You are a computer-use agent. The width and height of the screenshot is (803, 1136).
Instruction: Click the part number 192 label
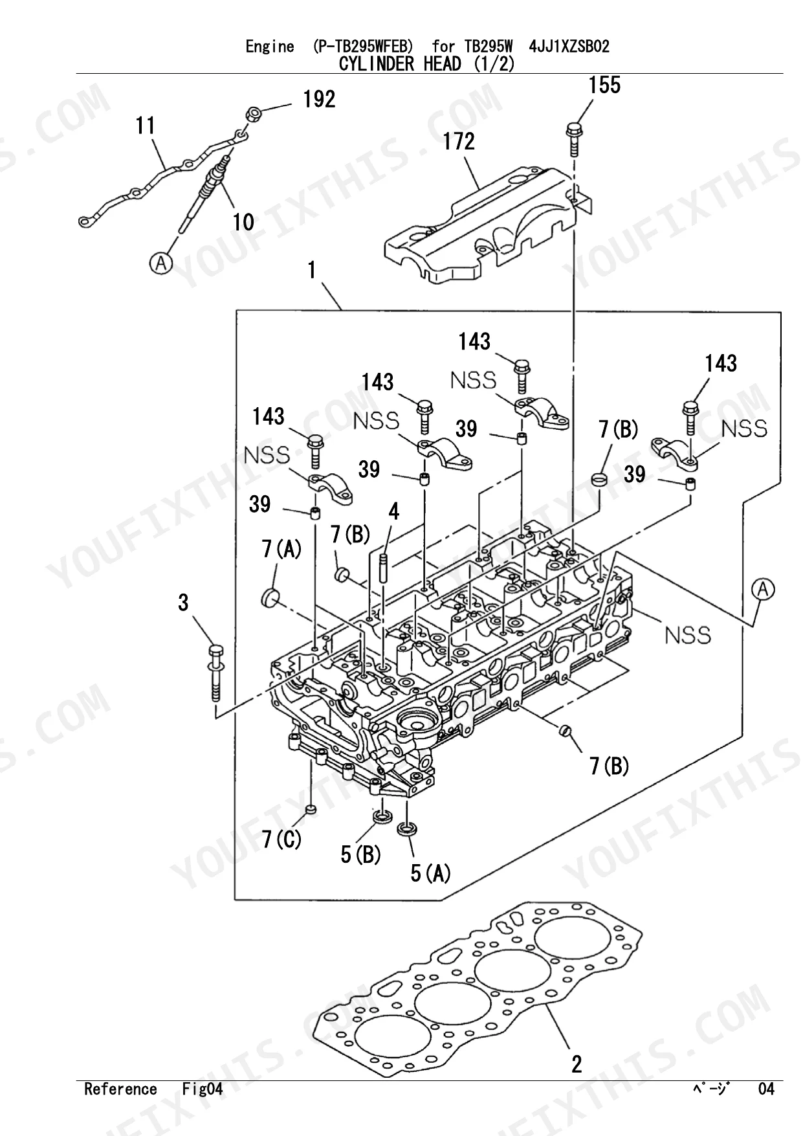coord(320,99)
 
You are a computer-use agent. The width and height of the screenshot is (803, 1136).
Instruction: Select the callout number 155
coord(604,85)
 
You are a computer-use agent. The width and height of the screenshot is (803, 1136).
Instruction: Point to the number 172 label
coord(459,141)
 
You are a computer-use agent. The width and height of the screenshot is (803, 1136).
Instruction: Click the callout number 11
coord(146,125)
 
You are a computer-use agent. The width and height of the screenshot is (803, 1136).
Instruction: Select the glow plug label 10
coord(243,222)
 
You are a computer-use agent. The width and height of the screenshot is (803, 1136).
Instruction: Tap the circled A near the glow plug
coord(161,263)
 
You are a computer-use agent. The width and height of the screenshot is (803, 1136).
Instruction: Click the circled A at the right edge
coord(764,590)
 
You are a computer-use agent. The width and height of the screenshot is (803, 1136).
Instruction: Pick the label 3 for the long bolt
coord(184,603)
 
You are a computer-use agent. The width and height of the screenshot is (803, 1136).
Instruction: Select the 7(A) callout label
coord(282,550)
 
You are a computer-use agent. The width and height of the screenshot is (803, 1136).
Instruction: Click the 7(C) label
coord(282,840)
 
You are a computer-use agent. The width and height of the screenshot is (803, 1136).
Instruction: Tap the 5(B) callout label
coord(361,854)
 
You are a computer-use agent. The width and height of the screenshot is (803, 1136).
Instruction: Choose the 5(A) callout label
coord(431,873)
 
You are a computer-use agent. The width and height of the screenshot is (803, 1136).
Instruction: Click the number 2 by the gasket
coord(577,1064)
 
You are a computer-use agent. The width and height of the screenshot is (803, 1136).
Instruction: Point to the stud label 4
coord(394,512)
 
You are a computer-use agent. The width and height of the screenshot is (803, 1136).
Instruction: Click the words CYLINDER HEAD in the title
coord(400,64)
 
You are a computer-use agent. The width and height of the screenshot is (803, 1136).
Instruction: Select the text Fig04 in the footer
coord(202,1089)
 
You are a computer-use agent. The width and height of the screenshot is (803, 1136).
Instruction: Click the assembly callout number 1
coord(313,270)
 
